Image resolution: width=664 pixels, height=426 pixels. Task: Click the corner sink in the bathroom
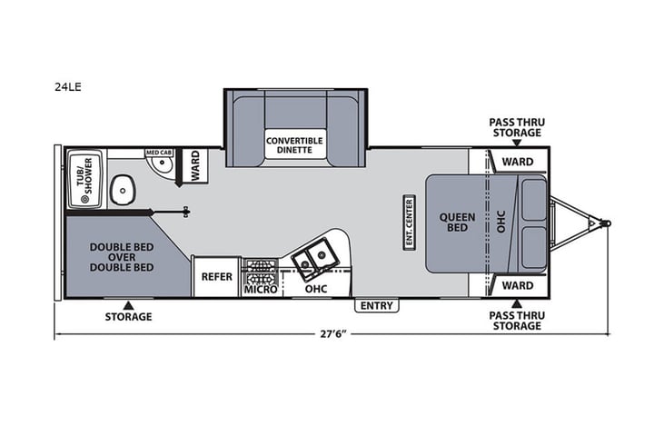[x=161, y=165]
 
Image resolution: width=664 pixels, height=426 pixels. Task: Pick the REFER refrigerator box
[x=216, y=277]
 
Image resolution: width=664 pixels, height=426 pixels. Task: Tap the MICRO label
[x=261, y=290]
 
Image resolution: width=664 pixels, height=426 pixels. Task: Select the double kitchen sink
[x=315, y=260]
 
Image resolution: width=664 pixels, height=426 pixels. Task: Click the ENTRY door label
[x=376, y=306]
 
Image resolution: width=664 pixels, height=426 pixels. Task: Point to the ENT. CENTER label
[x=409, y=223]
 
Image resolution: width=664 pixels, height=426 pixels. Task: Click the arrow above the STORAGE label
[x=128, y=304]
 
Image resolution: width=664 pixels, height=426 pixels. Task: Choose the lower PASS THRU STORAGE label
[x=517, y=320]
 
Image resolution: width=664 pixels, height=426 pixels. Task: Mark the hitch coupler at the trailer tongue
[x=596, y=221]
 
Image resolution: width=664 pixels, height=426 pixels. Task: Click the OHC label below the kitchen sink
[x=315, y=289]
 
